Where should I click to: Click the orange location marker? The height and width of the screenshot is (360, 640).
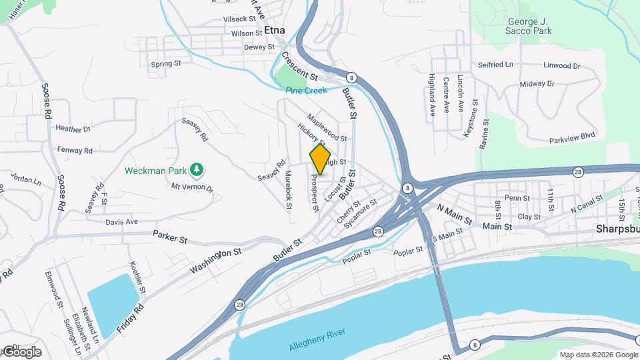(320, 159)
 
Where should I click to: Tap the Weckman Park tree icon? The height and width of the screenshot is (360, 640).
(197, 171)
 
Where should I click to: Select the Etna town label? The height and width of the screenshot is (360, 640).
(274, 30)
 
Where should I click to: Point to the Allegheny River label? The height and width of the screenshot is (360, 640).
(319, 341)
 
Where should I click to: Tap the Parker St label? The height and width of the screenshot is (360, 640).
(167, 234)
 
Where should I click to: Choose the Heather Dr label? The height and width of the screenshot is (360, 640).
(73, 129)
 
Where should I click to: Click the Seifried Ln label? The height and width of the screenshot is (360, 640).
(495, 65)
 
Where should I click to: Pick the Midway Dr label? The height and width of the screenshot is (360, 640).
(537, 84)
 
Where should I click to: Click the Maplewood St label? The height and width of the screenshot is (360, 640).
(327, 128)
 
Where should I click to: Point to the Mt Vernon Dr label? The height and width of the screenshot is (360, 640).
(192, 188)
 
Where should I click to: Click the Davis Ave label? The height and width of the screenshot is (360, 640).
(121, 221)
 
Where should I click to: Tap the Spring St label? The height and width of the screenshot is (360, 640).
(166, 64)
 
